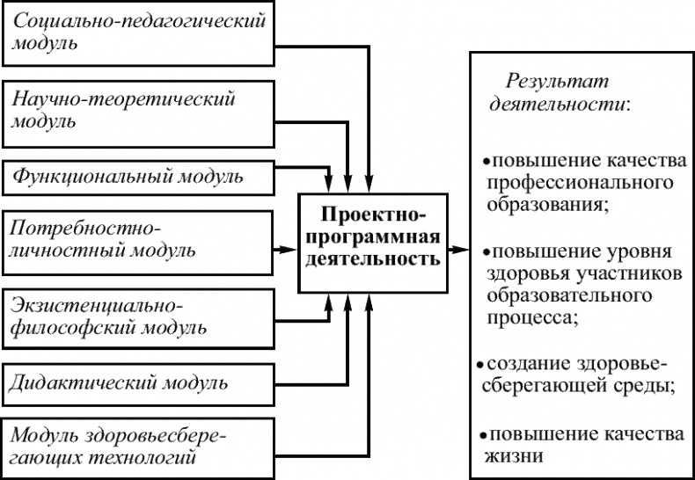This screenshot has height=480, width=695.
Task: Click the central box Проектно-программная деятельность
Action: point(372,236)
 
